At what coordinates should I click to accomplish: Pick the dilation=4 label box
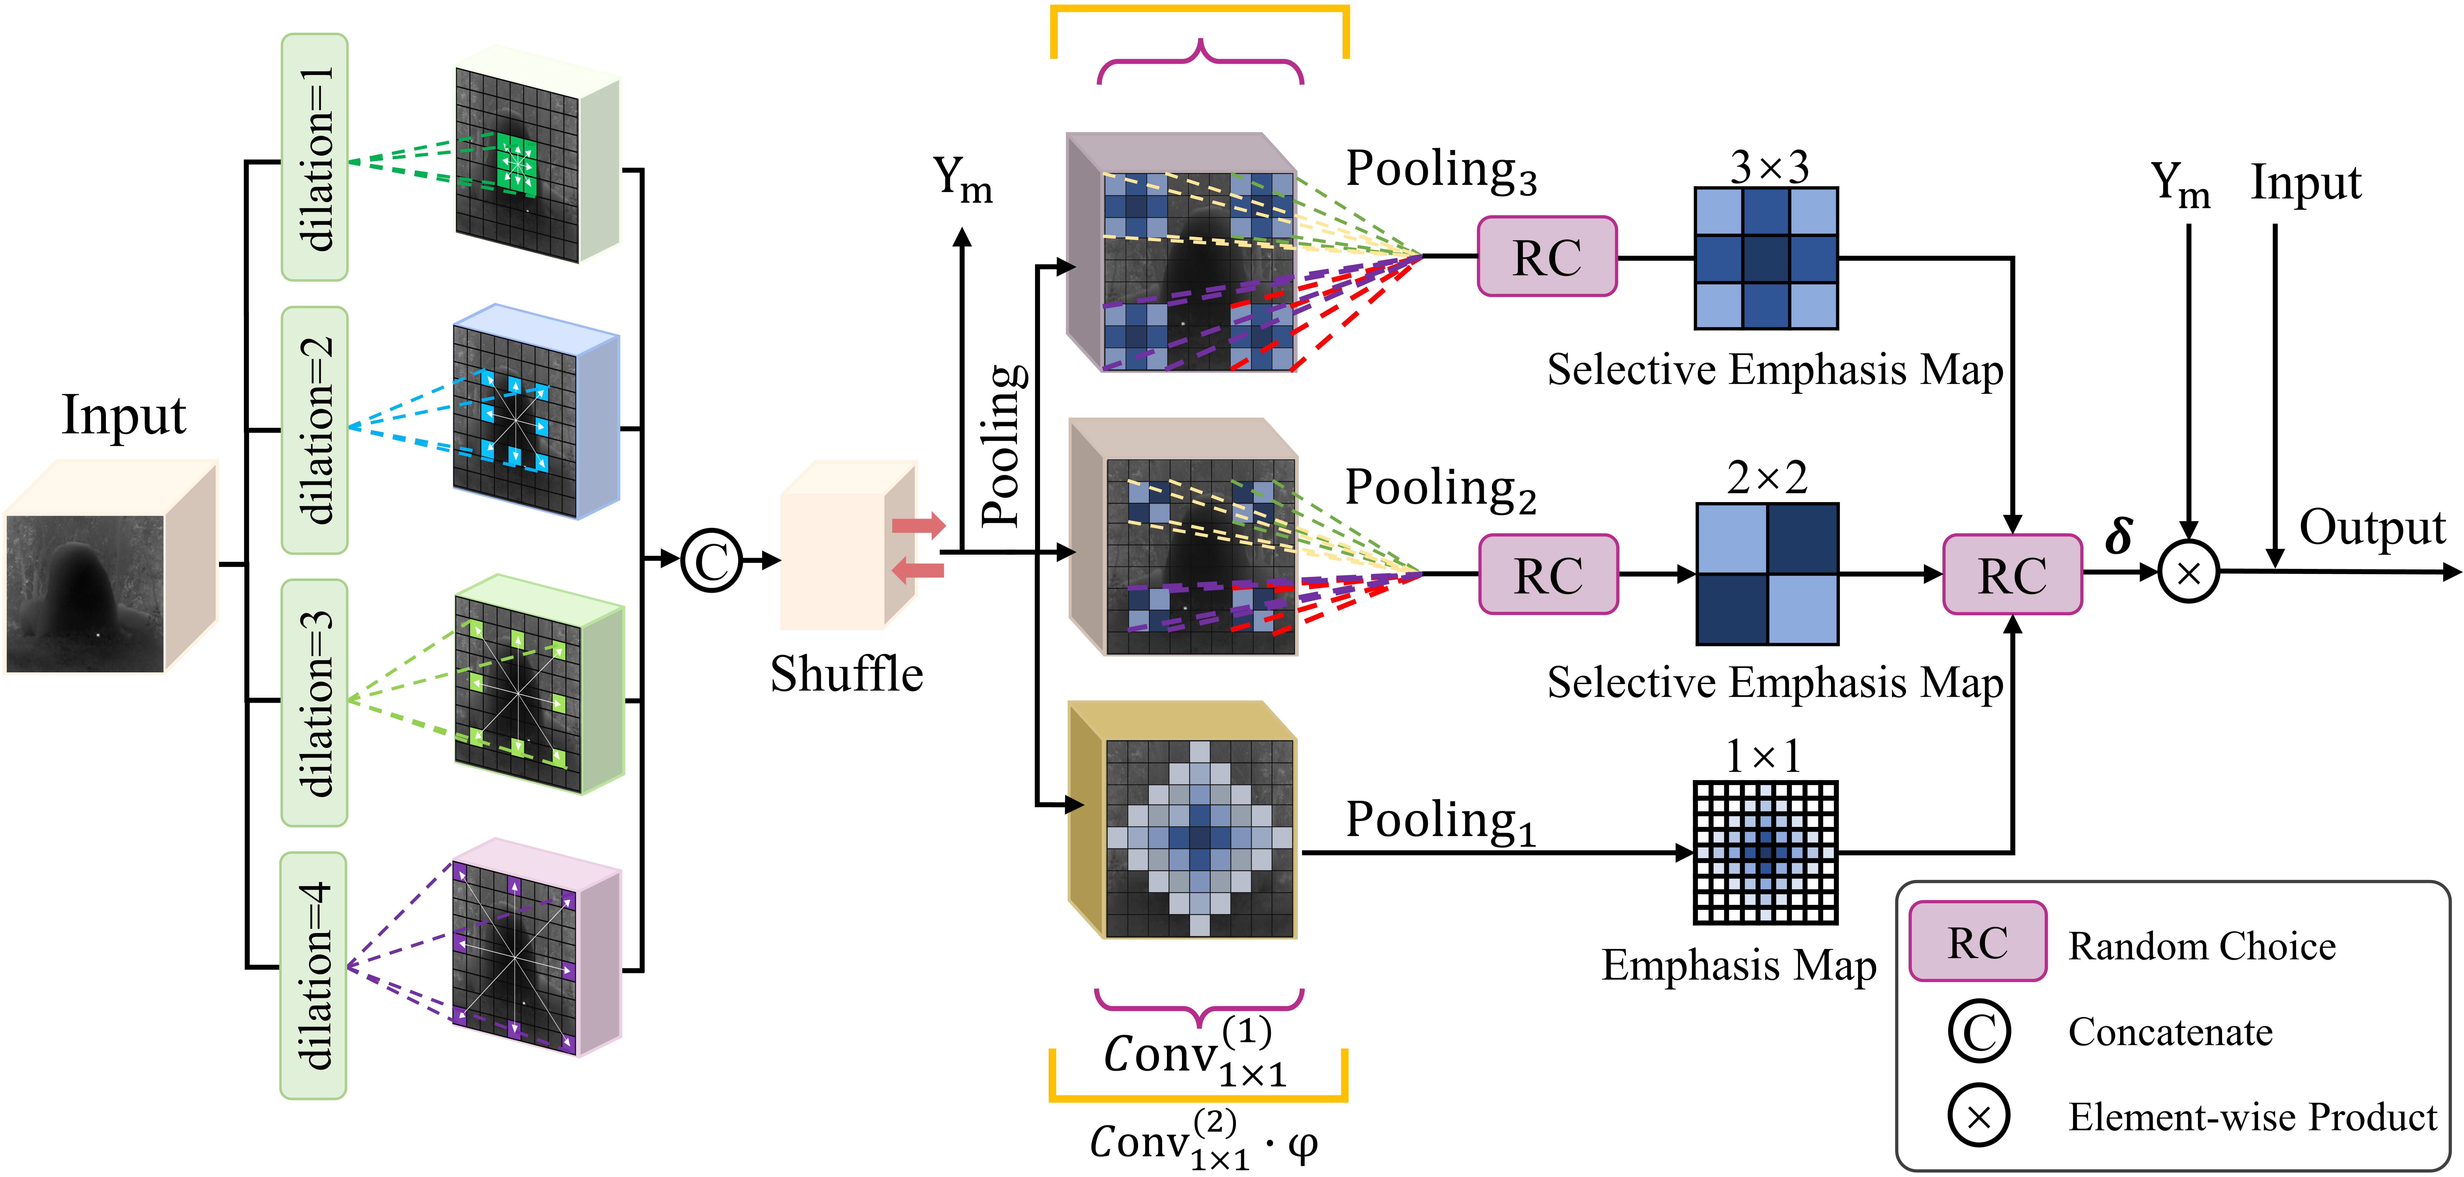(314, 975)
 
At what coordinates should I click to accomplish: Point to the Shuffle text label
(847, 674)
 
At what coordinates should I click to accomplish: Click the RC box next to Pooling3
(1547, 256)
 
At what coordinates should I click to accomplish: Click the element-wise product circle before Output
(2189, 572)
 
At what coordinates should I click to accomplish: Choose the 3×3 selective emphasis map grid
(1766, 258)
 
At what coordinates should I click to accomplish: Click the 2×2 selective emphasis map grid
(1767, 574)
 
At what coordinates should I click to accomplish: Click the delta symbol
(2119, 536)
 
